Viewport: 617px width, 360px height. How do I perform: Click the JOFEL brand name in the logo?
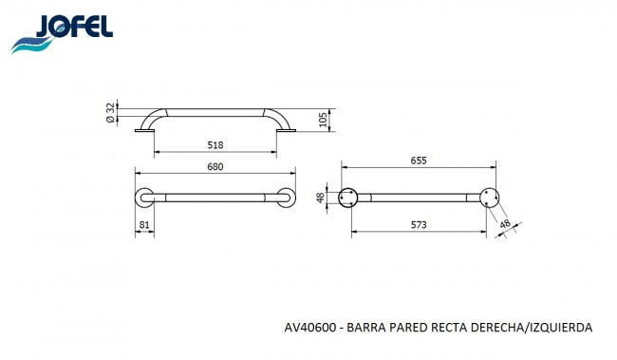[74, 27]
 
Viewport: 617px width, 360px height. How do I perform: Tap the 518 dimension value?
[215, 145]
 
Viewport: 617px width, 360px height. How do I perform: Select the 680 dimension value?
[215, 167]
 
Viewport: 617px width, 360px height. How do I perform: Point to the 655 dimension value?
[419, 161]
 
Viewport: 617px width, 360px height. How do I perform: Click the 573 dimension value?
[419, 225]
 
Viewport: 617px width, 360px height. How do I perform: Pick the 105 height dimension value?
[323, 120]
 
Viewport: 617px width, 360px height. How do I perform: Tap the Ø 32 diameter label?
[111, 113]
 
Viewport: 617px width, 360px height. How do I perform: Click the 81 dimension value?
[144, 225]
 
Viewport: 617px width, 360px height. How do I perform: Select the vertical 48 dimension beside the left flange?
[321, 198]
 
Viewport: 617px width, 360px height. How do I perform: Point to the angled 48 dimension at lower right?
[505, 224]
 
